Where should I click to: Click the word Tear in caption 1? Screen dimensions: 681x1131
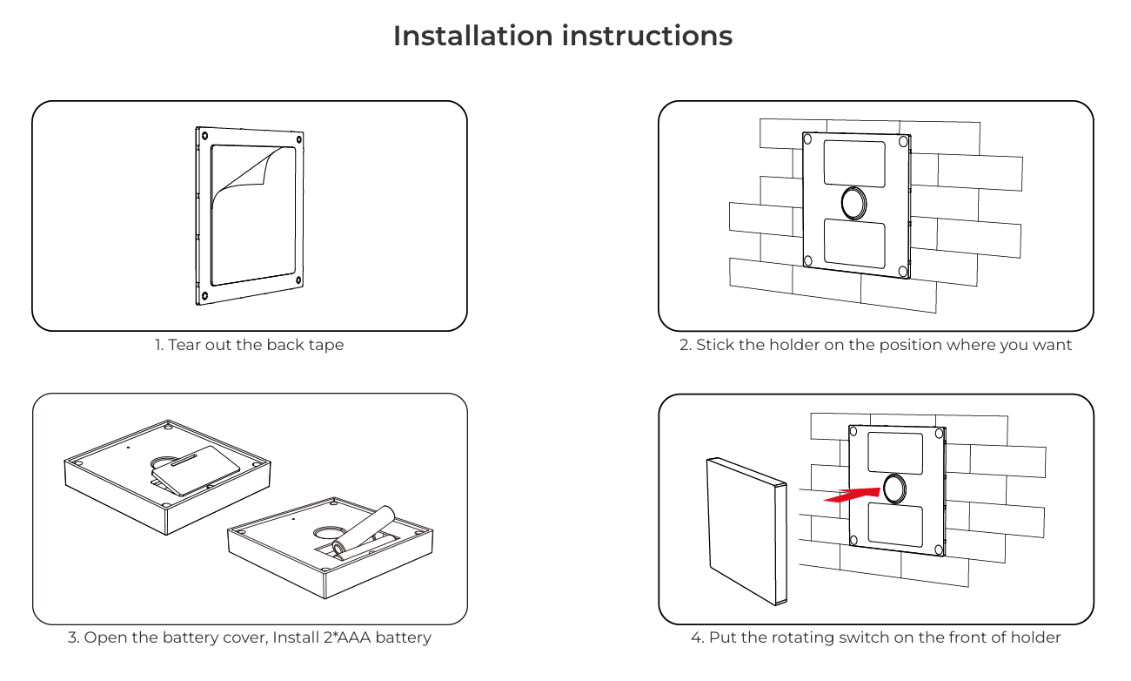(184, 345)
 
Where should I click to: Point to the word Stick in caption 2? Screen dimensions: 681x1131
(715, 345)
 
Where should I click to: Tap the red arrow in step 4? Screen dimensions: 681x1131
(852, 496)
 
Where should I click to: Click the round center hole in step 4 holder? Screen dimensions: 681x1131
(894, 488)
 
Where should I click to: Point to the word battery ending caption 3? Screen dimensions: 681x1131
(403, 637)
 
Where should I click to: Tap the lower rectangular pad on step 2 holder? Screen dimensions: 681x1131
(854, 244)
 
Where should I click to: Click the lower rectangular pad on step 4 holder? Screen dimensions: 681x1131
(894, 525)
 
